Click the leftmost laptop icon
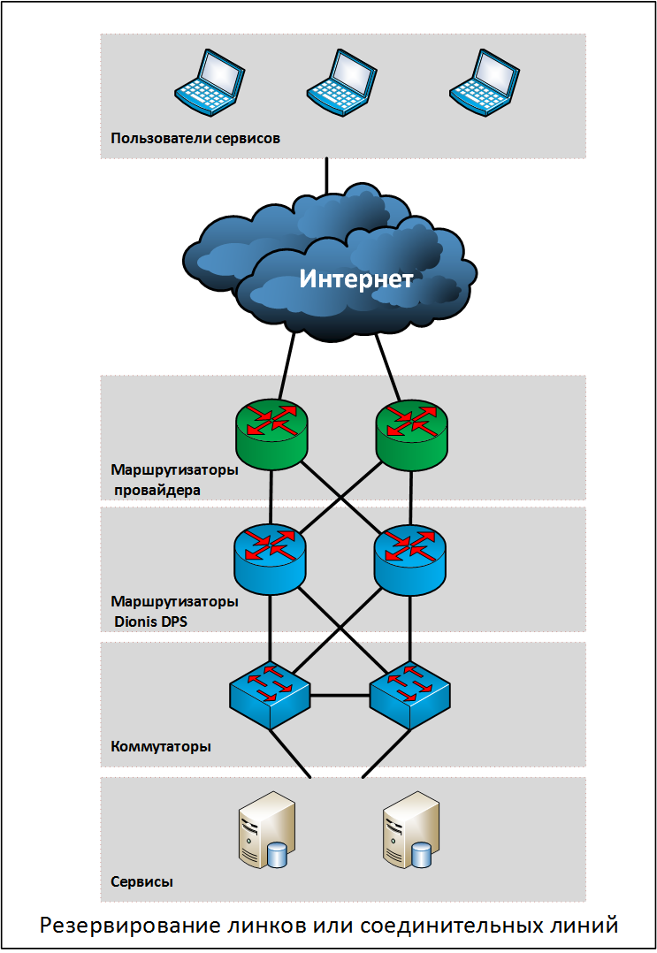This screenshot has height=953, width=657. point(209,83)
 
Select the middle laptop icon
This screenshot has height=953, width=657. point(341,83)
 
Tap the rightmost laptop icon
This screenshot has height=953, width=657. point(485,83)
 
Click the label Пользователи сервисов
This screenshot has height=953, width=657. point(195,138)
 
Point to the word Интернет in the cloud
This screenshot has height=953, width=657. point(356,278)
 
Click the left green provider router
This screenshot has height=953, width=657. point(271,434)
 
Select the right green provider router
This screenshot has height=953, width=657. point(412,434)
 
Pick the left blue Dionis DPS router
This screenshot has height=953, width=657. point(270,559)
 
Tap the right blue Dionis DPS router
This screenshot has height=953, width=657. point(410,559)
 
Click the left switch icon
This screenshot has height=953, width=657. point(270,695)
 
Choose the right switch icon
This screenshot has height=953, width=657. point(410,695)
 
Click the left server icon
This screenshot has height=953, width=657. point(267,829)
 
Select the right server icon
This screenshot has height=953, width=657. point(411,829)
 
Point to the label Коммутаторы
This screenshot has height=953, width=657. point(160,746)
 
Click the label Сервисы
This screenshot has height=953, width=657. point(141,881)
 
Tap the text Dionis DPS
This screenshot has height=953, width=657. point(150,621)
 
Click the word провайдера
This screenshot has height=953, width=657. point(157,490)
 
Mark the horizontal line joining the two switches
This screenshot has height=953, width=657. point(340,695)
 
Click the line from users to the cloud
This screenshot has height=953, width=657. point(327,176)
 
